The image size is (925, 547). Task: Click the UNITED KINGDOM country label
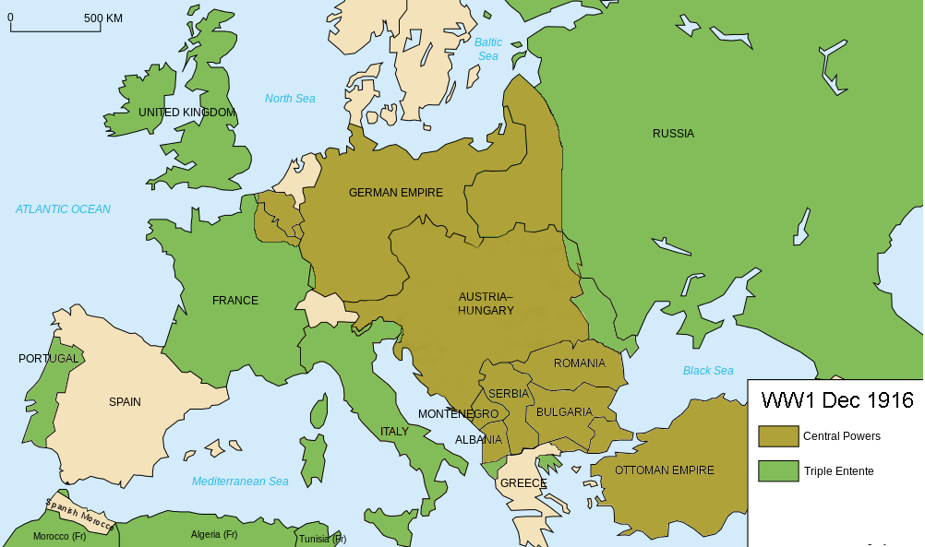pyautogui.click(x=186, y=113)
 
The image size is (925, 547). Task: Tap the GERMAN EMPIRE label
pyautogui.click(x=395, y=193)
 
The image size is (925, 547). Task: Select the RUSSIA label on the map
pyautogui.click(x=673, y=134)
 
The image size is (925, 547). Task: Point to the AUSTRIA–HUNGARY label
pyautogui.click(x=486, y=303)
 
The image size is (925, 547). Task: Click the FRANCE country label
pyautogui.click(x=235, y=301)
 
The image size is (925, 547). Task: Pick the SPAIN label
pyautogui.click(x=125, y=402)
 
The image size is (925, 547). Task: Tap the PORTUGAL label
pyautogui.click(x=48, y=359)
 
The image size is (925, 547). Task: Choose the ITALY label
pyautogui.click(x=394, y=432)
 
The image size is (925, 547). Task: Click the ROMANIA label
pyautogui.click(x=579, y=363)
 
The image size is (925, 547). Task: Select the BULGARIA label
pyautogui.click(x=564, y=412)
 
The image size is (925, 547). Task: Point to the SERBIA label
pyautogui.click(x=509, y=394)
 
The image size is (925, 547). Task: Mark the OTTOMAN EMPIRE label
pyautogui.click(x=664, y=470)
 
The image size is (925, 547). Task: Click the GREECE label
pyautogui.click(x=523, y=483)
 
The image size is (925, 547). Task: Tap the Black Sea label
pyautogui.click(x=708, y=371)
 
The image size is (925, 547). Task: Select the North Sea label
pyautogui.click(x=290, y=99)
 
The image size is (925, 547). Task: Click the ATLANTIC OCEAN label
pyautogui.click(x=63, y=209)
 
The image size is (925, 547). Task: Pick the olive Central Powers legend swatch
pyautogui.click(x=777, y=436)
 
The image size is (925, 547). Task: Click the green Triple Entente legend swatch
pyautogui.click(x=777, y=471)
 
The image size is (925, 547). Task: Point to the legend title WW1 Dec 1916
pyautogui.click(x=836, y=400)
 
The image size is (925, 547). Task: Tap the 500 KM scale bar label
pyautogui.click(x=104, y=18)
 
